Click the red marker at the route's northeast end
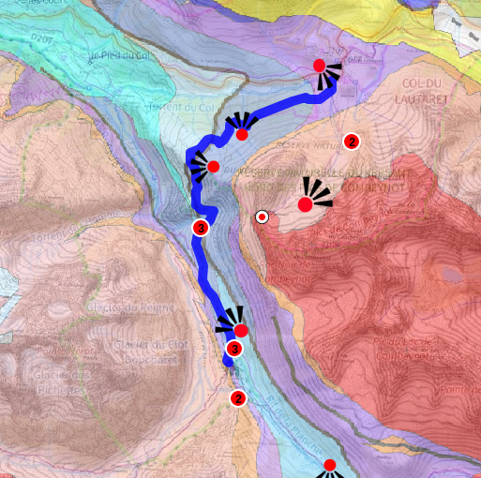pyautogui.click(x=319, y=66)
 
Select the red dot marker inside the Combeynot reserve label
pyautogui.click(x=306, y=204)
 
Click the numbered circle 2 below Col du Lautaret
pyautogui.click(x=352, y=142)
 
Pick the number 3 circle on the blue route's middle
pyautogui.click(x=200, y=227)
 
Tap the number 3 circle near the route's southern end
pyautogui.click(x=234, y=349)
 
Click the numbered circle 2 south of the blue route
pyautogui.click(x=238, y=398)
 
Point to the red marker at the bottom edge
pyautogui.click(x=329, y=466)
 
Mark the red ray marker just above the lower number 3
pyautogui.click(x=241, y=330)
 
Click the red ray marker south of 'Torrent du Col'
pyautogui.click(x=242, y=134)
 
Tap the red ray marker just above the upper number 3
pyautogui.click(x=213, y=167)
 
